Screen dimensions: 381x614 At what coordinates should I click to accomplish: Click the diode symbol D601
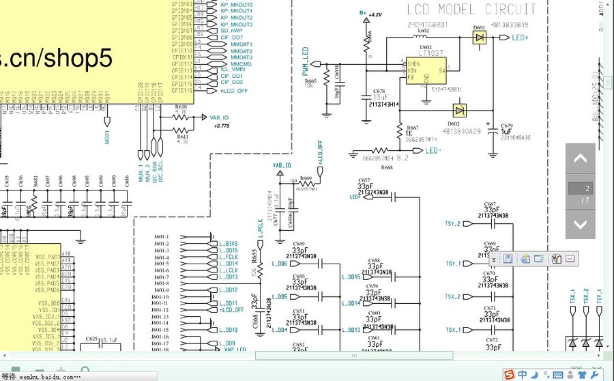pos(480,38)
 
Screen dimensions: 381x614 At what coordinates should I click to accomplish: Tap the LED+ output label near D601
pos(520,38)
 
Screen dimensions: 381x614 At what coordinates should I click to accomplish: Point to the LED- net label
pos(433,150)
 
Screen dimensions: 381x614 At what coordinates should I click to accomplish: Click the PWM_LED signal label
pos(305,59)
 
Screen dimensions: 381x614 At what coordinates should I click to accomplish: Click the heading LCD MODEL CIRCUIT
pos(471,10)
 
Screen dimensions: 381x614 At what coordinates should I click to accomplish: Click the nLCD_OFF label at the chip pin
pos(234,90)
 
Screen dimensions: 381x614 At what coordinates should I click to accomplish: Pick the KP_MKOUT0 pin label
pos(237,5)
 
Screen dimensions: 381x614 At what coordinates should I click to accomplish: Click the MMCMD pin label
pos(241,63)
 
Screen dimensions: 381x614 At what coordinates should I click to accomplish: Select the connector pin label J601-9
pos(161,290)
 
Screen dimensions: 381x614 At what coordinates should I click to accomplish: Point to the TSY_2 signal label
pos(453,223)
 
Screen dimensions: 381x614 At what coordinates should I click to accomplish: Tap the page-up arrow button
pos(580,159)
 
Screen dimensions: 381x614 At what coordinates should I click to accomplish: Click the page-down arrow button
pos(580,223)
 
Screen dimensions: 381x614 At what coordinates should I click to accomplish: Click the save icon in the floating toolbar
pos(508,258)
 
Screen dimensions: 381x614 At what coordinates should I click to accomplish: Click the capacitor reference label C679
pos(507,126)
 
